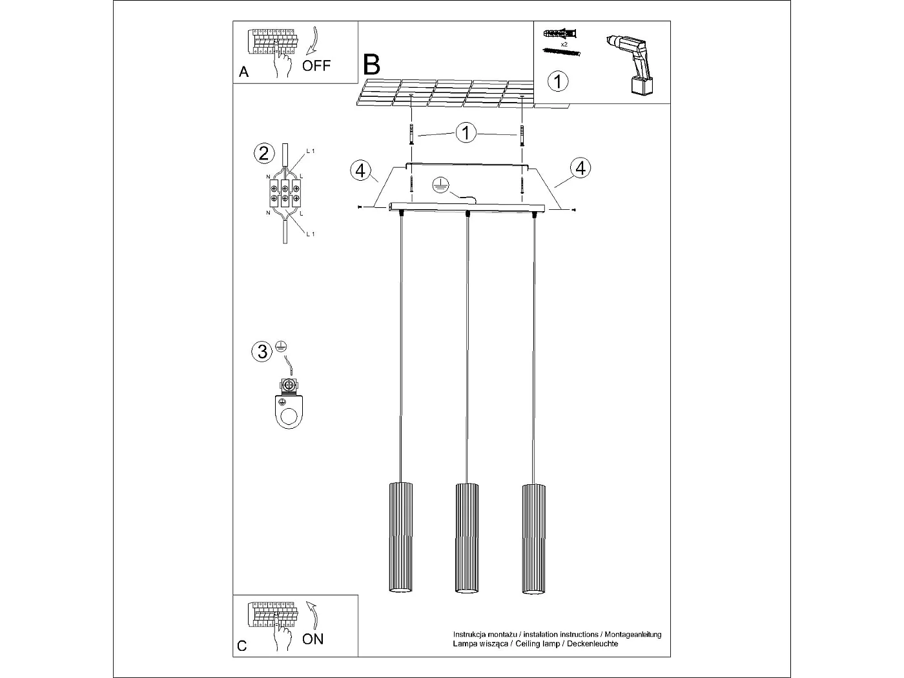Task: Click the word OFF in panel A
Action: pos(316,65)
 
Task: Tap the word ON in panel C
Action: pos(313,639)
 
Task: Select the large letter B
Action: pos(372,65)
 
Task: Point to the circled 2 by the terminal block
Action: pos(263,153)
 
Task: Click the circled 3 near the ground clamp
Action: pos(262,351)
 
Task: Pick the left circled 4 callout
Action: pos(361,170)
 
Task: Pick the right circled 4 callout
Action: pos(580,168)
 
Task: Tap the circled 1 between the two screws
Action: pos(466,133)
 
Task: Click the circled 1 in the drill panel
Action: pos(558,81)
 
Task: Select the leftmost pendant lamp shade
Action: pos(400,537)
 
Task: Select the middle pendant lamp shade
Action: pos(466,537)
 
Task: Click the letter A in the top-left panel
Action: pos(243,72)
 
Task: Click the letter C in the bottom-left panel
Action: pos(242,646)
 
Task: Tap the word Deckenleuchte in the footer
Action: pos(593,644)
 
